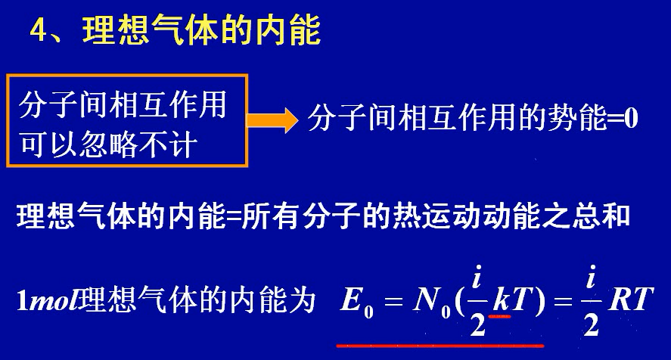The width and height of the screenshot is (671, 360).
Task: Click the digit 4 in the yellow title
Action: (x=39, y=33)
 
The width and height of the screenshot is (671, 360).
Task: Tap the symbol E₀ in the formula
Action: (x=355, y=301)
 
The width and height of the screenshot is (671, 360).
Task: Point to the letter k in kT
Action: (x=500, y=301)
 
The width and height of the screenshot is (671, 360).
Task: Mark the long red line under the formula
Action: (x=439, y=345)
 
